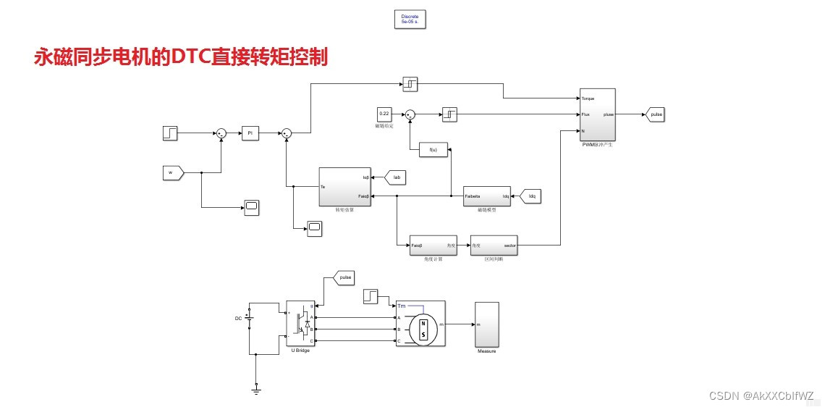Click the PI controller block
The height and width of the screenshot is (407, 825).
click(250, 133)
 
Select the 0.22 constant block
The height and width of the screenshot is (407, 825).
click(384, 114)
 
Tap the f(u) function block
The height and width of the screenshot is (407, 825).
click(433, 150)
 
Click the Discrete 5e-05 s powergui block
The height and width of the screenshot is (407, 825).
click(410, 19)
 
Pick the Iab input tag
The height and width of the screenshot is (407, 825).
click(396, 176)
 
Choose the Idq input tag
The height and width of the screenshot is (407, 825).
click(530, 196)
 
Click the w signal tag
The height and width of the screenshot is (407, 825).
click(173, 172)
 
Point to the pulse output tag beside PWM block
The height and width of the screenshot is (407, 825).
click(656, 114)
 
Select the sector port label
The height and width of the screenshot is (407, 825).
click(509, 246)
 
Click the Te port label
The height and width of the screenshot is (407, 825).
click(323, 187)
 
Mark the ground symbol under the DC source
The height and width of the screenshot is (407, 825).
click(256, 390)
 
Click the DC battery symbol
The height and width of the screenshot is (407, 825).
click(249, 318)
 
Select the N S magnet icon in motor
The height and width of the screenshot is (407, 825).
click(423, 330)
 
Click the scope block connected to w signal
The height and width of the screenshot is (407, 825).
click(251, 208)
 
